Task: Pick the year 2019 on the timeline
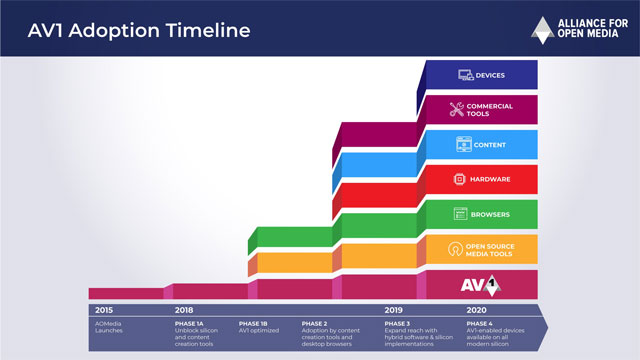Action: pyautogui.click(x=395, y=310)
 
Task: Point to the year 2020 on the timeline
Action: pyautogui.click(x=477, y=310)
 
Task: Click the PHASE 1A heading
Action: pyautogui.click(x=190, y=323)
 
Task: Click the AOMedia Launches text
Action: pyautogui.click(x=110, y=328)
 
